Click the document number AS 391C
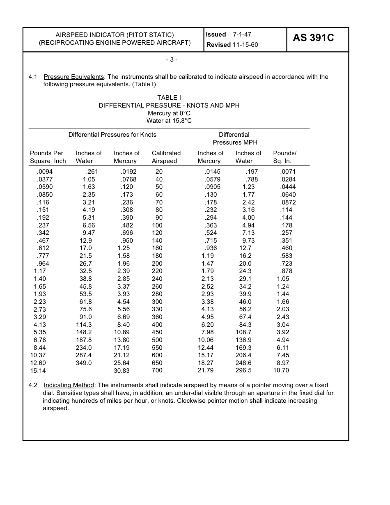tap(313, 38)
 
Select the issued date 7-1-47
tap(242, 34)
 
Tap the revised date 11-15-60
tap(245, 45)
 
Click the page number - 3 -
tap(172, 60)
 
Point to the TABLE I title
tap(169, 98)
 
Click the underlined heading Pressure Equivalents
tap(74, 77)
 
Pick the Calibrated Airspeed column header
tap(166, 157)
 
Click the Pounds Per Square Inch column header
tap(48, 157)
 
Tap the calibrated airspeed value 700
tap(157, 370)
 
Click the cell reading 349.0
tap(84, 363)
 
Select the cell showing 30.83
tap(122, 370)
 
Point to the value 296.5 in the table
tap(243, 370)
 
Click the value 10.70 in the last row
tap(281, 370)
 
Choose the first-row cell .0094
tap(45, 172)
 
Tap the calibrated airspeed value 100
tap(157, 225)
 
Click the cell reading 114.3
tap(84, 325)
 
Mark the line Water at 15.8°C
tap(169, 121)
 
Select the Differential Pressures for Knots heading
tap(112, 135)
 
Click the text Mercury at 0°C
tap(169, 113)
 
